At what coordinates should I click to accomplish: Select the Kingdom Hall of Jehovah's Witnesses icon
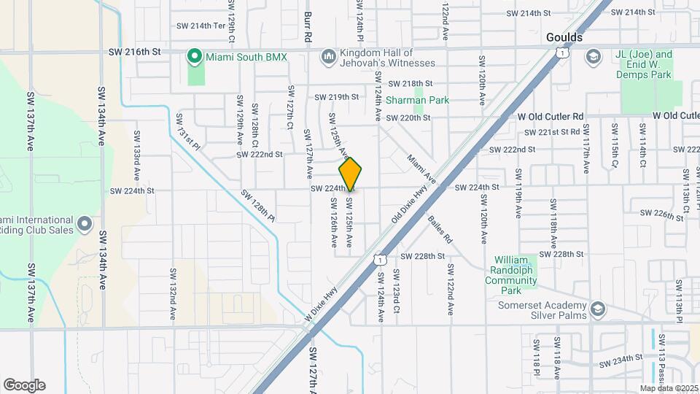[x=327, y=56]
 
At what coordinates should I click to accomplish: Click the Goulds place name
[x=564, y=37]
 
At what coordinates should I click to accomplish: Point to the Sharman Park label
[x=417, y=100]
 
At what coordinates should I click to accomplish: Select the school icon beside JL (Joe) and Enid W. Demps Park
[x=594, y=56]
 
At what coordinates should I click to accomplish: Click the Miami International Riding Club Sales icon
[x=85, y=223]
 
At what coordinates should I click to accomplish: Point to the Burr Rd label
[x=308, y=25]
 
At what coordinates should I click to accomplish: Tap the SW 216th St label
[x=133, y=52]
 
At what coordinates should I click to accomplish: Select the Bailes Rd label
[x=440, y=229]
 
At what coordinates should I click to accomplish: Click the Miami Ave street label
[x=421, y=169]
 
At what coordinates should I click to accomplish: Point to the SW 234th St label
[x=620, y=360]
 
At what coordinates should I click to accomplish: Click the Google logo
[x=24, y=385]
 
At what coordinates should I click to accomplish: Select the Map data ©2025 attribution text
[x=668, y=388]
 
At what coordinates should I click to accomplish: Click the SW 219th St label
[x=337, y=97]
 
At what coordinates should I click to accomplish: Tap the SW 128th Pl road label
[x=257, y=206]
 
